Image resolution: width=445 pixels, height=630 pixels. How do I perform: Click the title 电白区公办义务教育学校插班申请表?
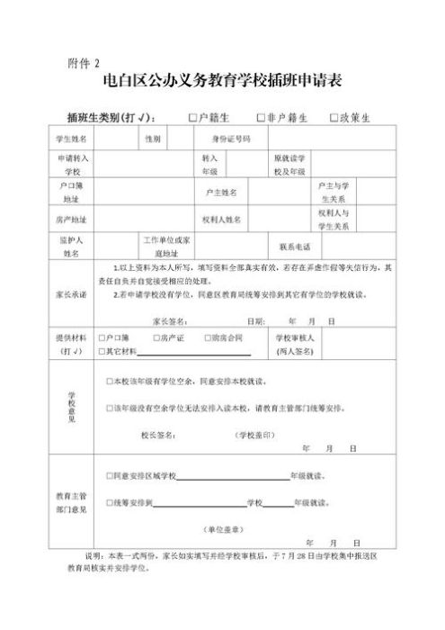222,85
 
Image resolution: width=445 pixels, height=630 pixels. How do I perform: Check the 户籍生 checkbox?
192,118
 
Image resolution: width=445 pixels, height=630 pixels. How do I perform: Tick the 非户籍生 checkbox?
260,118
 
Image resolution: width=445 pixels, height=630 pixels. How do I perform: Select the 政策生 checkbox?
334,118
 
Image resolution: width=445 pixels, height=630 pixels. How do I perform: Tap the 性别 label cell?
152,139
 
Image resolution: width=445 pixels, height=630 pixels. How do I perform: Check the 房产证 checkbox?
155,337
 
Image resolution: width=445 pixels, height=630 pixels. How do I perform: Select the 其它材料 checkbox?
100,350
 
